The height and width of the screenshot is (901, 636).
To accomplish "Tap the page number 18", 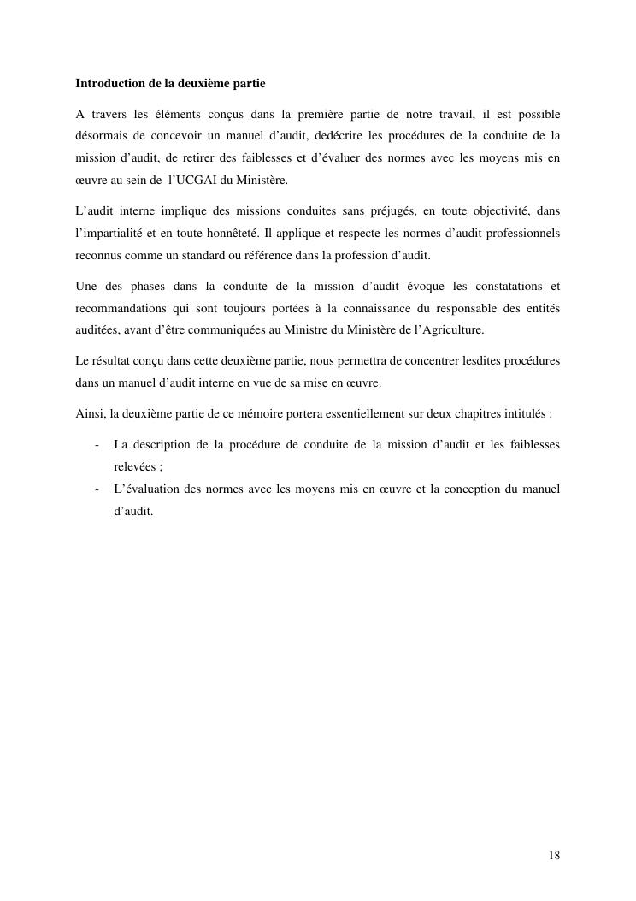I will pos(555,856).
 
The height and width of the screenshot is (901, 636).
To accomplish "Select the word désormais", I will pos(101,136).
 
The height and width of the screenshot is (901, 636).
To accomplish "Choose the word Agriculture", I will pos(454,330).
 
